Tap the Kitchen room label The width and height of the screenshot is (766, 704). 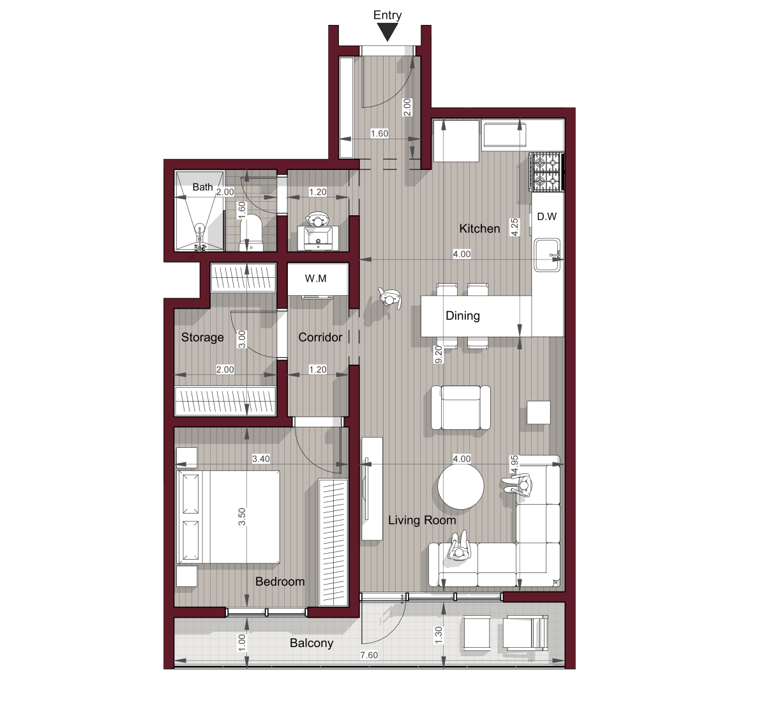pyautogui.click(x=479, y=229)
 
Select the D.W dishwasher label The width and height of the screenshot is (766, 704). pyautogui.click(x=546, y=217)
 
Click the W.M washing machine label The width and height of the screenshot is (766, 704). pyautogui.click(x=315, y=279)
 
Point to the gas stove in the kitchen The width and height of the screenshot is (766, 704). pyautogui.click(x=546, y=172)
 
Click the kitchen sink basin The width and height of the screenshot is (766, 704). pyautogui.click(x=547, y=255)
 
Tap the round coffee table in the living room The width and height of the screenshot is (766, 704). pyautogui.click(x=460, y=486)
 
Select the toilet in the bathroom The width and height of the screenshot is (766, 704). pyautogui.click(x=251, y=233)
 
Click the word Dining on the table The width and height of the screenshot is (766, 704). pyautogui.click(x=462, y=316)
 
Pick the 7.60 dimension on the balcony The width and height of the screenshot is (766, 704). pyautogui.click(x=368, y=655)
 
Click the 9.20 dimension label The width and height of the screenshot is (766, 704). pyautogui.click(x=439, y=355)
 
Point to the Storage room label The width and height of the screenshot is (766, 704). pyautogui.click(x=202, y=337)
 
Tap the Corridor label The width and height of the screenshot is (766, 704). pyautogui.click(x=320, y=337)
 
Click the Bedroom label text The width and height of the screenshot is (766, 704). pyautogui.click(x=280, y=581)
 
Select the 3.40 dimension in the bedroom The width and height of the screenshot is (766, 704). pyautogui.click(x=261, y=459)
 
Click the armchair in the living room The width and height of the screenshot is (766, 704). pyautogui.click(x=460, y=408)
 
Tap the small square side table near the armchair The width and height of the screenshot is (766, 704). pyautogui.click(x=538, y=413)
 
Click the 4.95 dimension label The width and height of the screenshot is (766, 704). pyautogui.click(x=514, y=464)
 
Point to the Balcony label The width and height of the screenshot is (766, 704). pyautogui.click(x=312, y=643)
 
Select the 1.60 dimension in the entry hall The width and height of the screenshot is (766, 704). pyautogui.click(x=379, y=134)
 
